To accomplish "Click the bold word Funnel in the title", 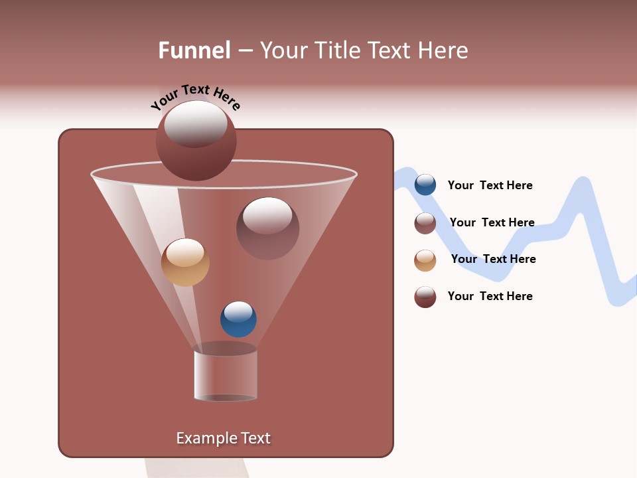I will (x=194, y=50).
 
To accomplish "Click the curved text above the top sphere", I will (x=196, y=96).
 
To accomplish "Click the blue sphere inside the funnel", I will (x=238, y=319).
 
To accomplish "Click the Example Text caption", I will (x=224, y=438).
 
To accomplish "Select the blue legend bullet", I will (x=425, y=185).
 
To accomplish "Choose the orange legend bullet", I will (x=425, y=260).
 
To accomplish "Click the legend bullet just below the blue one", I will (x=425, y=223).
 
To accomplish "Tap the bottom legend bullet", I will (x=425, y=297).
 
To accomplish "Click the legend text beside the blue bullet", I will (x=490, y=185).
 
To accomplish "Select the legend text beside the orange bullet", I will (x=493, y=259).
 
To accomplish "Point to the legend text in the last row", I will (x=490, y=296).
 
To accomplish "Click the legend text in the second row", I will (x=492, y=222).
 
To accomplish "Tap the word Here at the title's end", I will (x=445, y=50).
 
